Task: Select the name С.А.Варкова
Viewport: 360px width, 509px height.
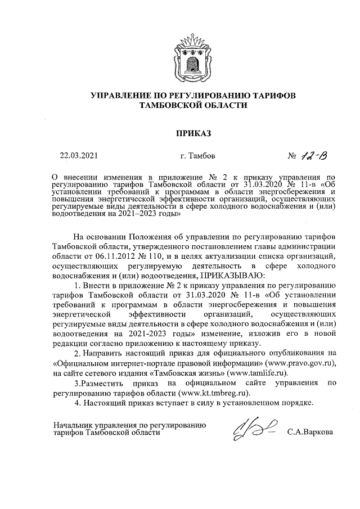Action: coord(309,433)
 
